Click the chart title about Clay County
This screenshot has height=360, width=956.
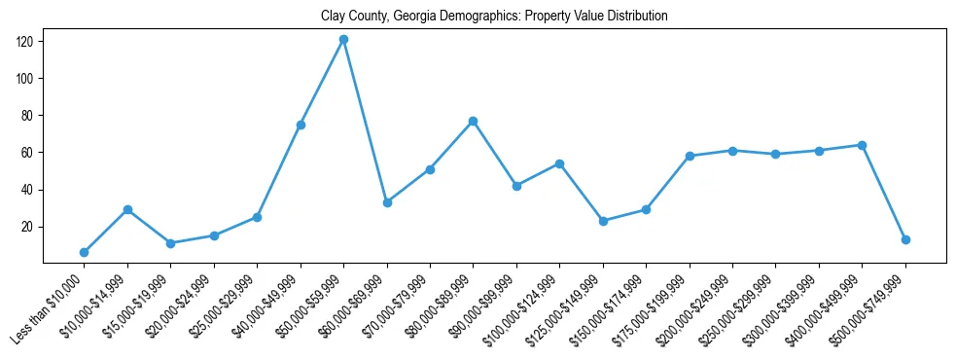click(494, 17)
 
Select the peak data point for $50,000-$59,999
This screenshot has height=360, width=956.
click(343, 39)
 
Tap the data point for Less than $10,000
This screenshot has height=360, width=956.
click(84, 252)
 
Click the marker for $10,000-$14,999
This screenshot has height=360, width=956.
click(127, 209)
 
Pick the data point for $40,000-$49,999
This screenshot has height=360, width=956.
click(301, 125)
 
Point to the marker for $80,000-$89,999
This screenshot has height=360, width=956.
click(474, 121)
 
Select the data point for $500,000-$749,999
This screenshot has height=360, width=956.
click(905, 239)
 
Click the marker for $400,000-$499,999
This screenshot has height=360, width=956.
click(862, 145)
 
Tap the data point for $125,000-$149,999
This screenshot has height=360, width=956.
click(603, 221)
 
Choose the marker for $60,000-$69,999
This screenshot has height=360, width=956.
click(387, 202)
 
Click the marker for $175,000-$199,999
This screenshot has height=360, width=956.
click(690, 156)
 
